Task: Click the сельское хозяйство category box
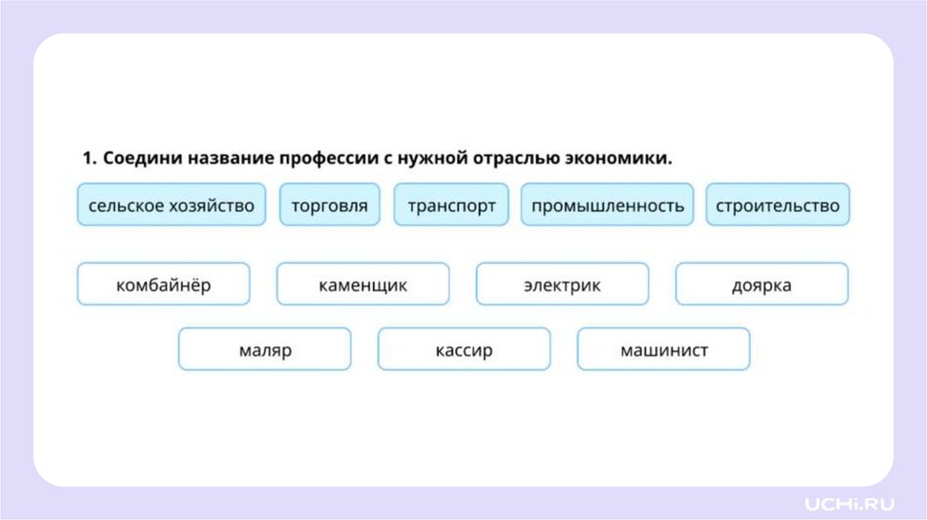pos(171,206)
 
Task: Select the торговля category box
pos(330,206)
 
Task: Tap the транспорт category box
pos(451,206)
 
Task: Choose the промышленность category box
pos(607,206)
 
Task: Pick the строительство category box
pos(777,206)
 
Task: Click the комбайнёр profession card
pos(164,284)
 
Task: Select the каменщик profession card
pos(363,284)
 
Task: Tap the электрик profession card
pos(562,284)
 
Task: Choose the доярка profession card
pos(761,284)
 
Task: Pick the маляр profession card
pos(264,350)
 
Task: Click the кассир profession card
pos(463,350)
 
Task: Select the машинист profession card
pos(664,350)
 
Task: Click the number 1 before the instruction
pos(88,159)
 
